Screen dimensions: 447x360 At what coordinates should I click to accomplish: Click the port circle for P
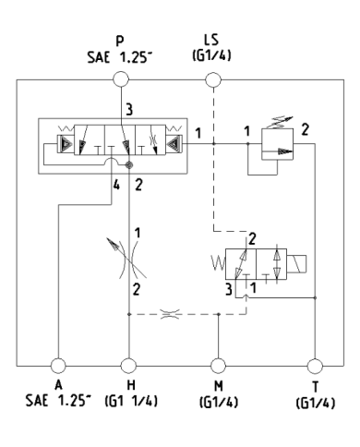[121, 80]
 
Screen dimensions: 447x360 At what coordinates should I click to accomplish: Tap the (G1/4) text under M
[219, 403]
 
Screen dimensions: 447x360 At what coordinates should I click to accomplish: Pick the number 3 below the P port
[129, 109]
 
